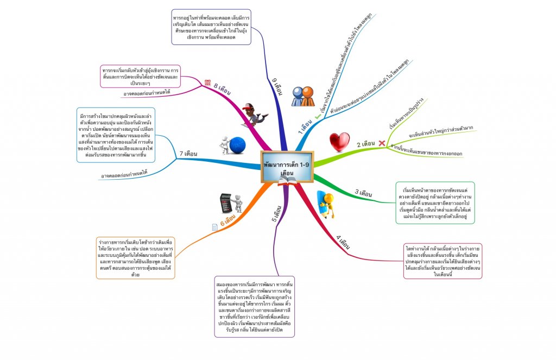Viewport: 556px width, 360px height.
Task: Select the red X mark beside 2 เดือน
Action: pos(381,143)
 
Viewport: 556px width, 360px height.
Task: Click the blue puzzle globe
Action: pos(233,146)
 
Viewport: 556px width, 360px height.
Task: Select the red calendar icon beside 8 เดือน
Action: pos(207,83)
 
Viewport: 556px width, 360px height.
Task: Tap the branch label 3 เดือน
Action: pos(363,193)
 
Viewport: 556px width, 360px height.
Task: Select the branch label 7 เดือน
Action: pos(188,154)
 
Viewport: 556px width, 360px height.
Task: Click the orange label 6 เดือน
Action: pos(230,222)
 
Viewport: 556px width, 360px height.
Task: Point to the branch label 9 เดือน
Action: pos(276,87)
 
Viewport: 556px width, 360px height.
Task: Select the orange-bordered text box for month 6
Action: pos(135,257)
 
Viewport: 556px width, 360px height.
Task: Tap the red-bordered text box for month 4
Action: pos(443,261)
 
